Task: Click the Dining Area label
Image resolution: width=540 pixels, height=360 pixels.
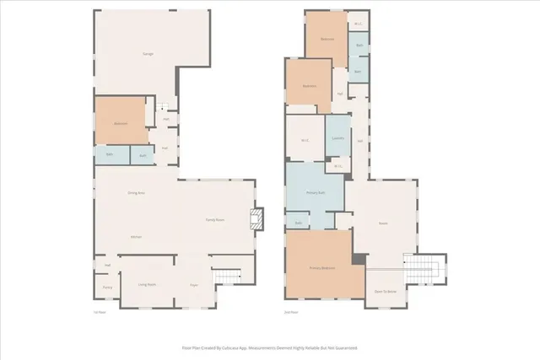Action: (136, 193)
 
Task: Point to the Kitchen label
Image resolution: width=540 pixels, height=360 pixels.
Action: (135, 237)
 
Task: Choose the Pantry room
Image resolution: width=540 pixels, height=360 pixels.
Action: (108, 287)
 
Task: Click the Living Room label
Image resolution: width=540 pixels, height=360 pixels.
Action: (147, 284)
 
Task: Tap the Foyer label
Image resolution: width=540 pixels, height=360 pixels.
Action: (193, 285)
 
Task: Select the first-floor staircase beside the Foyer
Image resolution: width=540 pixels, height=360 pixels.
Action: (227, 277)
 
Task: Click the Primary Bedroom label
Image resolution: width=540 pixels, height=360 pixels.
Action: (321, 269)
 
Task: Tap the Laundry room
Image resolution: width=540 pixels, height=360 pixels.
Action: (337, 139)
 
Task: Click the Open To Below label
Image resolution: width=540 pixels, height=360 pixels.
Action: (385, 291)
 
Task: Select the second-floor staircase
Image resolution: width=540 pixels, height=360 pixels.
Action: (425, 271)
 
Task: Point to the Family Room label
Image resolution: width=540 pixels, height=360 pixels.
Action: (215, 219)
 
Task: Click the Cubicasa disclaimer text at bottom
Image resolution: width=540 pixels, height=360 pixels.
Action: (270, 347)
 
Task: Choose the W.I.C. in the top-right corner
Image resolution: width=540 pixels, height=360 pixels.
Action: (359, 24)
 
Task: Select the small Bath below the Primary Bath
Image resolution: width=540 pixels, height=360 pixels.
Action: (299, 223)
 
